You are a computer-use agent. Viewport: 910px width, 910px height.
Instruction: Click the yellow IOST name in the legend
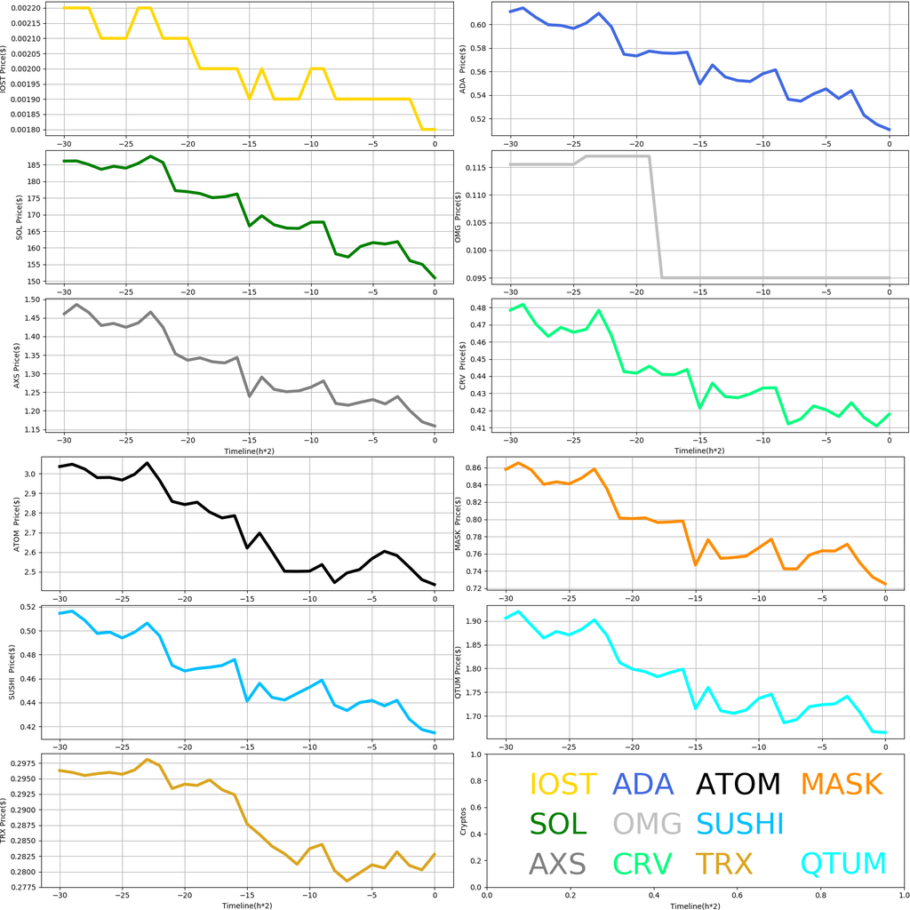click(x=563, y=784)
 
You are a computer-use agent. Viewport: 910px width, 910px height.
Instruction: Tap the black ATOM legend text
click(x=738, y=784)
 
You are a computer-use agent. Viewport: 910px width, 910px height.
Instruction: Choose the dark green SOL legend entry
click(x=558, y=824)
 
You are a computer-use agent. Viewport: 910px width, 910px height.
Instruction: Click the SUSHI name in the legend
click(x=740, y=824)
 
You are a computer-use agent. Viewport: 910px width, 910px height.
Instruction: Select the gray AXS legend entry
click(x=557, y=864)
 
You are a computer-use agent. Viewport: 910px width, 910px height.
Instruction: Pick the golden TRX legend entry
click(x=723, y=864)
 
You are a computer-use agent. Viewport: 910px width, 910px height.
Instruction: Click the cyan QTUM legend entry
click(x=843, y=864)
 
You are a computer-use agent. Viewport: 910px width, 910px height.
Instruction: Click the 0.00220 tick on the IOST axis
click(x=31, y=8)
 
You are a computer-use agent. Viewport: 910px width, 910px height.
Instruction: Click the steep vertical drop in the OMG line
click(x=655, y=218)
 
